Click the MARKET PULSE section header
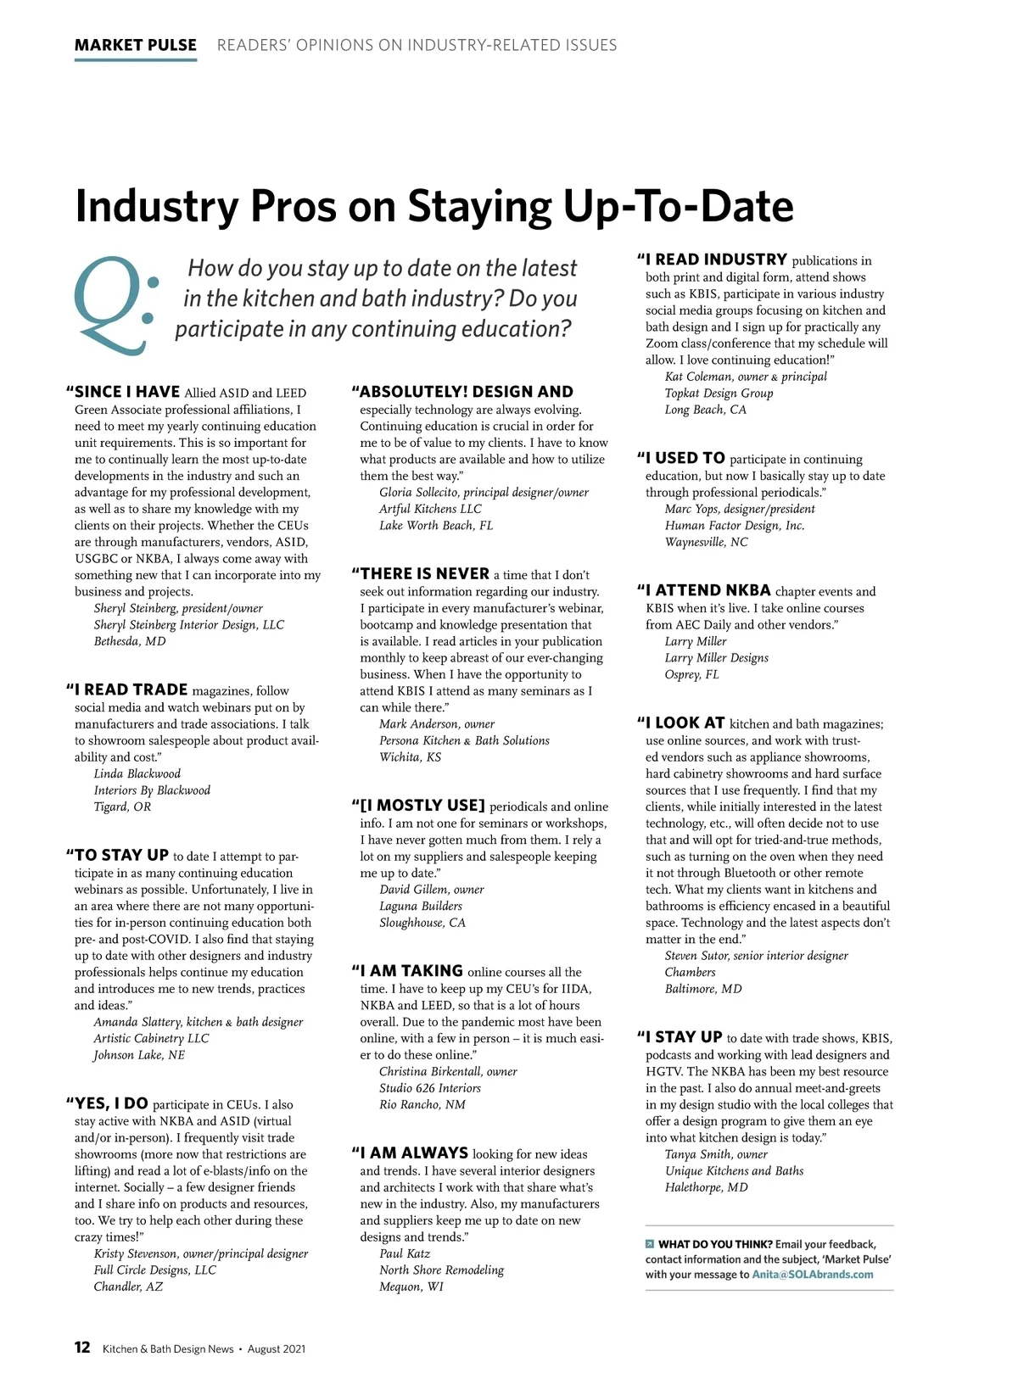[x=136, y=45]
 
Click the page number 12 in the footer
[x=82, y=1348]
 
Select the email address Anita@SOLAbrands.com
[x=812, y=1274]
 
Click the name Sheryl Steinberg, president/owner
[x=178, y=608]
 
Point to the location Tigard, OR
[x=122, y=807]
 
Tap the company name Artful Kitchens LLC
[x=430, y=509]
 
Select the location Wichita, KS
[x=410, y=756]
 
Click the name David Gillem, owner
[x=431, y=890]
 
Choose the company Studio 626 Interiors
[x=429, y=1088]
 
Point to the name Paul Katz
[x=405, y=1253]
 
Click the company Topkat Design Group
[x=719, y=393]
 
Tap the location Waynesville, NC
[x=706, y=542]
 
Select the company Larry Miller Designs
[x=716, y=658]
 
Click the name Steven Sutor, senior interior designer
[x=756, y=956]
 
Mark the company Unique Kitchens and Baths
[x=734, y=1171]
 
